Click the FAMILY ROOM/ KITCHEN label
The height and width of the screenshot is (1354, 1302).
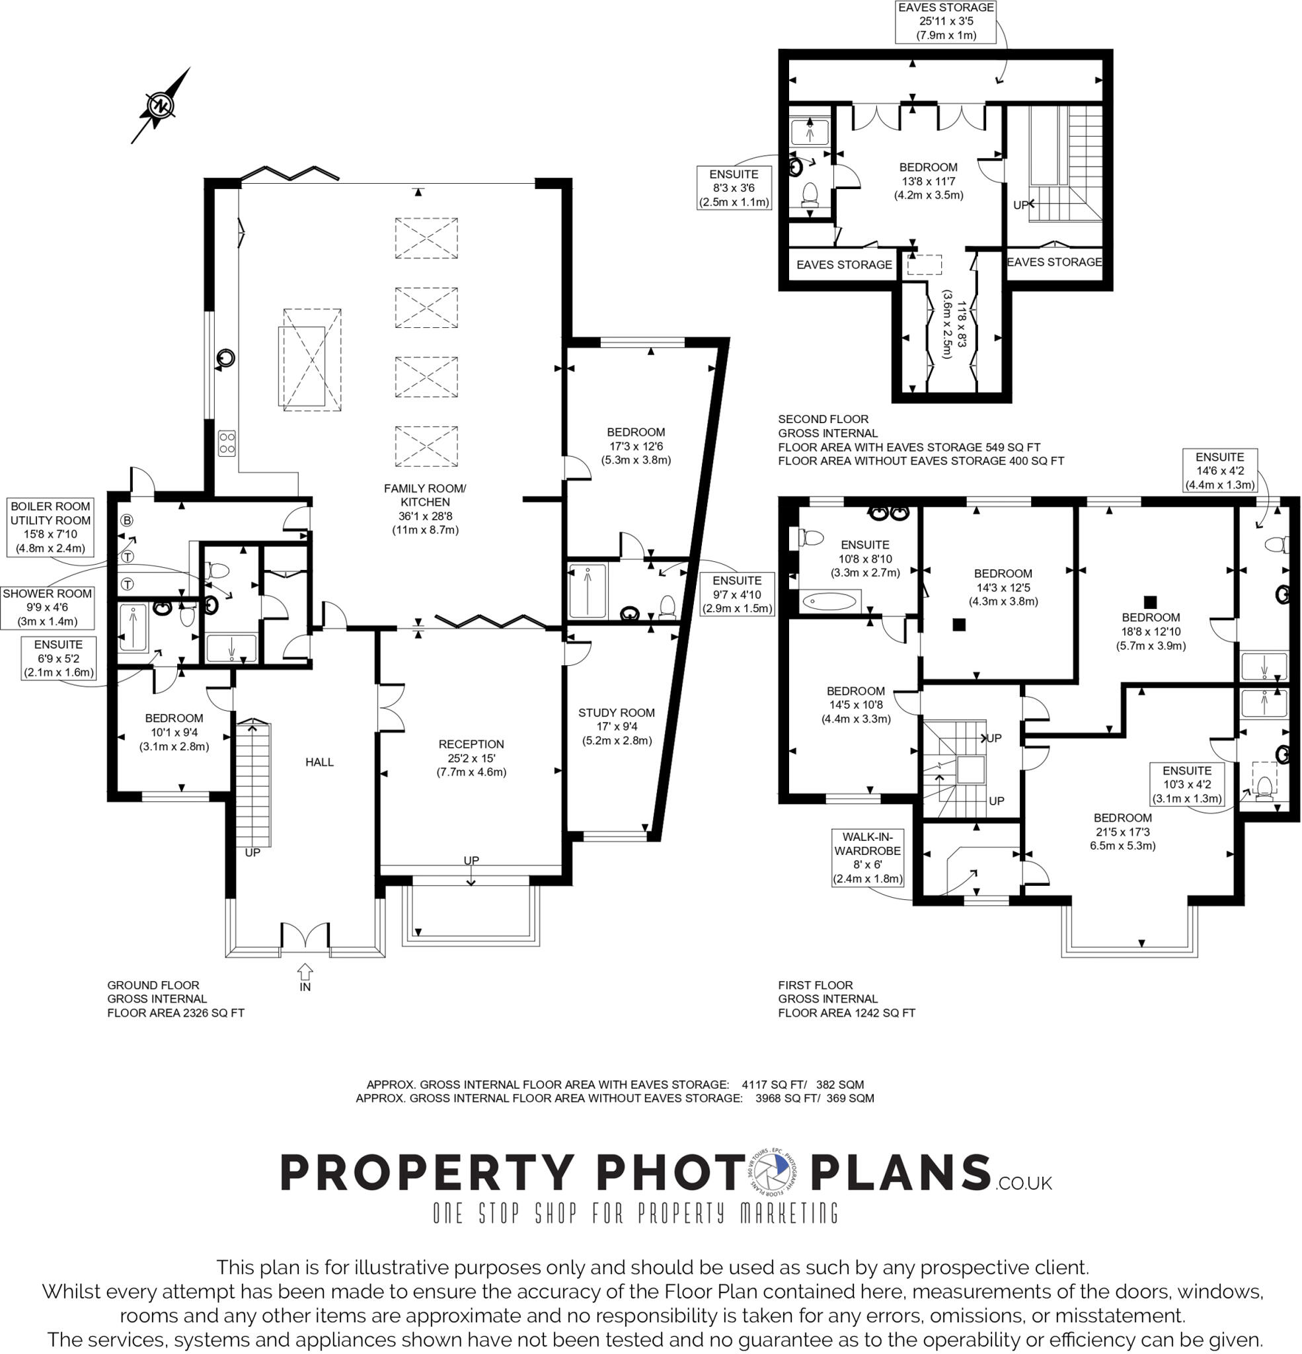point(425,509)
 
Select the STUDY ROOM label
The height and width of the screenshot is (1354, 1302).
point(616,726)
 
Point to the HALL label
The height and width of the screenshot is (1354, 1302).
point(319,762)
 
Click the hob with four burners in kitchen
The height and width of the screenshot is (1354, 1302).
point(227,443)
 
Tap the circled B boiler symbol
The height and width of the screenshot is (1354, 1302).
point(126,520)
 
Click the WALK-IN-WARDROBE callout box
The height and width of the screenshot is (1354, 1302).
point(868,857)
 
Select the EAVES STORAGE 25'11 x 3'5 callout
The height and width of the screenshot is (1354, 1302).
point(946,21)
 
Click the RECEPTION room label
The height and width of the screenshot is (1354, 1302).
point(471,758)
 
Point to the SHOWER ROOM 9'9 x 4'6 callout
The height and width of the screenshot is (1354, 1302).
point(47,607)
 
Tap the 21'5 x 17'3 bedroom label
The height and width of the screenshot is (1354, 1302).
point(1122,831)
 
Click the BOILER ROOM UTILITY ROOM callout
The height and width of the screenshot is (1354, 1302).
point(50,527)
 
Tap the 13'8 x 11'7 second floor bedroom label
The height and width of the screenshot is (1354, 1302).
point(929,181)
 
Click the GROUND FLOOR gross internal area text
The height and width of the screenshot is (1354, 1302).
point(175,999)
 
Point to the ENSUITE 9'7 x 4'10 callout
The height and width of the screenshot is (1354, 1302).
point(737,594)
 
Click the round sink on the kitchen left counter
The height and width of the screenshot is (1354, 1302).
point(226,358)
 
